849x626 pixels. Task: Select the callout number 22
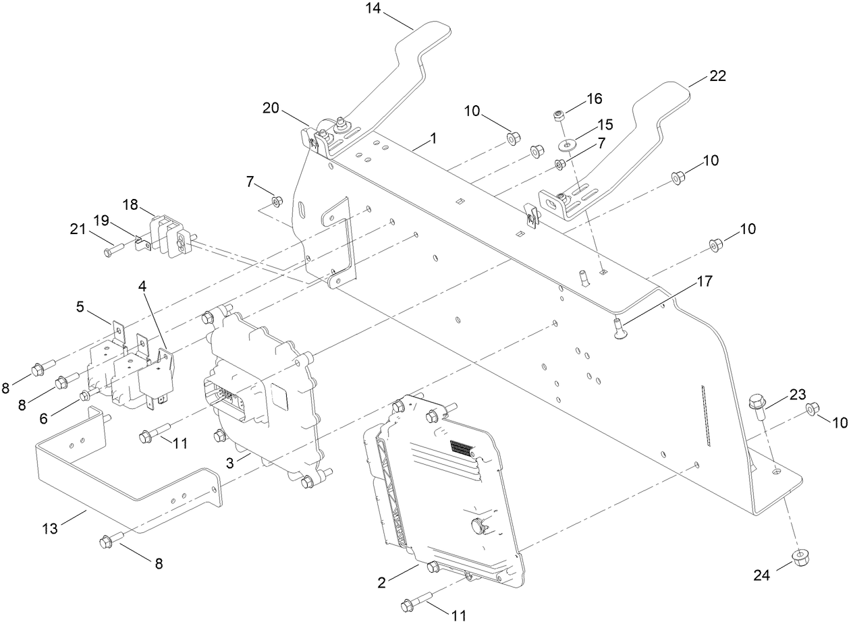coord(717,76)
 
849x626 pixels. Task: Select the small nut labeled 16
coord(559,116)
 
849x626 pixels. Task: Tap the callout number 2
coord(382,582)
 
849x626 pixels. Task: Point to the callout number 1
coord(433,138)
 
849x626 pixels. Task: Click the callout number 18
coord(130,204)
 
